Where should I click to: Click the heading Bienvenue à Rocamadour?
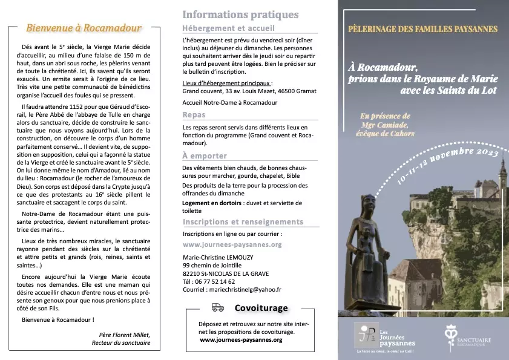84,28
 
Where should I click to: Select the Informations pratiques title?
240,15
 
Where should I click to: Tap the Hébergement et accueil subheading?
228,28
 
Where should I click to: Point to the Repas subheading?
194,114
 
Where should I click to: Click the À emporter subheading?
204,155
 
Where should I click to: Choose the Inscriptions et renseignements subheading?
243,222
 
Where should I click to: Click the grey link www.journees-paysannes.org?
232,245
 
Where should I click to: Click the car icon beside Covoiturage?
218,307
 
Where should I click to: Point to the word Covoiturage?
261,308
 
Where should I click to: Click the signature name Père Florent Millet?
124,335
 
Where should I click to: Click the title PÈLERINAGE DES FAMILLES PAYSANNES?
423,29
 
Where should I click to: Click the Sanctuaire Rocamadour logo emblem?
451,333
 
